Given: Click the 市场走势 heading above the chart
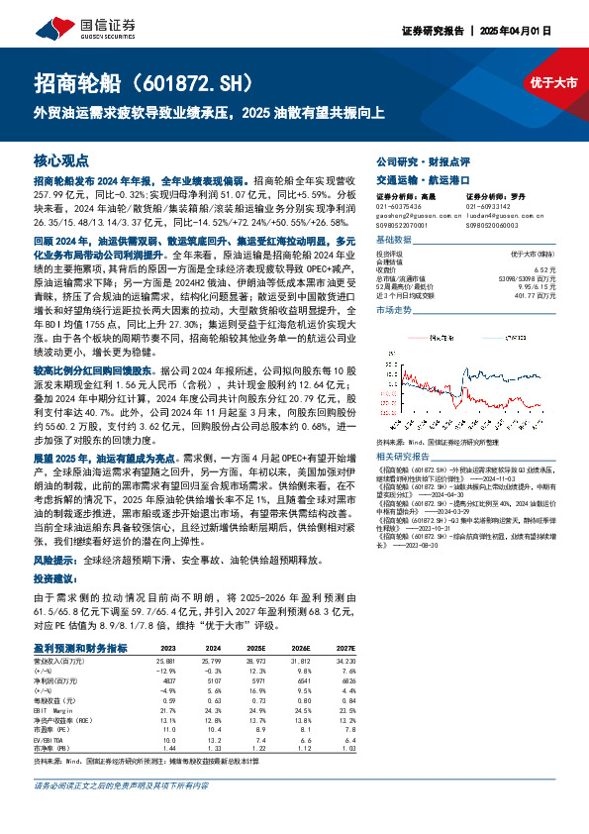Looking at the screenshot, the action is point(394,311).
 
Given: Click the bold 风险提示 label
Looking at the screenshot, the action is point(58,559).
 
